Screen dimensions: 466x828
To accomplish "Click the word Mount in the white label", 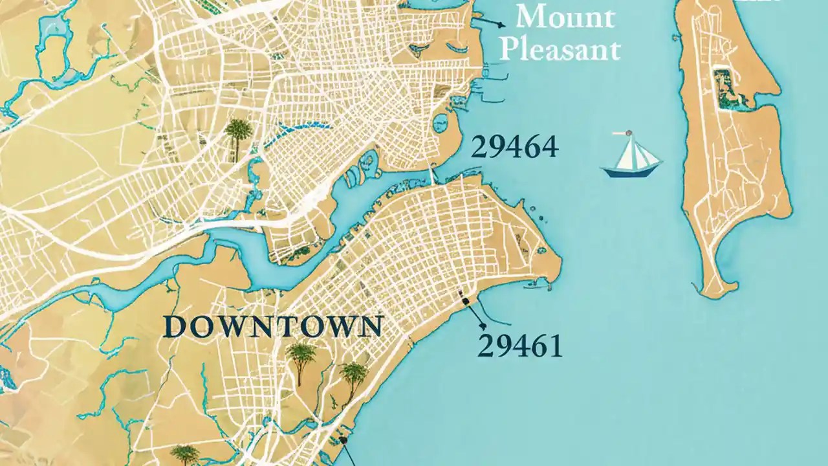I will (x=565, y=17).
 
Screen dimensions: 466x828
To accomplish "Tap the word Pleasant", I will (x=560, y=49).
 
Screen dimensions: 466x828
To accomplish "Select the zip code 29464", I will (x=514, y=147).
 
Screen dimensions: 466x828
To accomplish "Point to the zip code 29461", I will (x=519, y=346).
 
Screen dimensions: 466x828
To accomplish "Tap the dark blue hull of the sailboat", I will (x=631, y=171).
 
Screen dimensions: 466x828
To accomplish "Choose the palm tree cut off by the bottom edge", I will (x=185, y=455).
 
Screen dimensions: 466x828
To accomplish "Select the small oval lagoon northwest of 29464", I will (x=444, y=123).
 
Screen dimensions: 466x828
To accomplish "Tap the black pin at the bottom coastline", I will (x=343, y=440).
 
